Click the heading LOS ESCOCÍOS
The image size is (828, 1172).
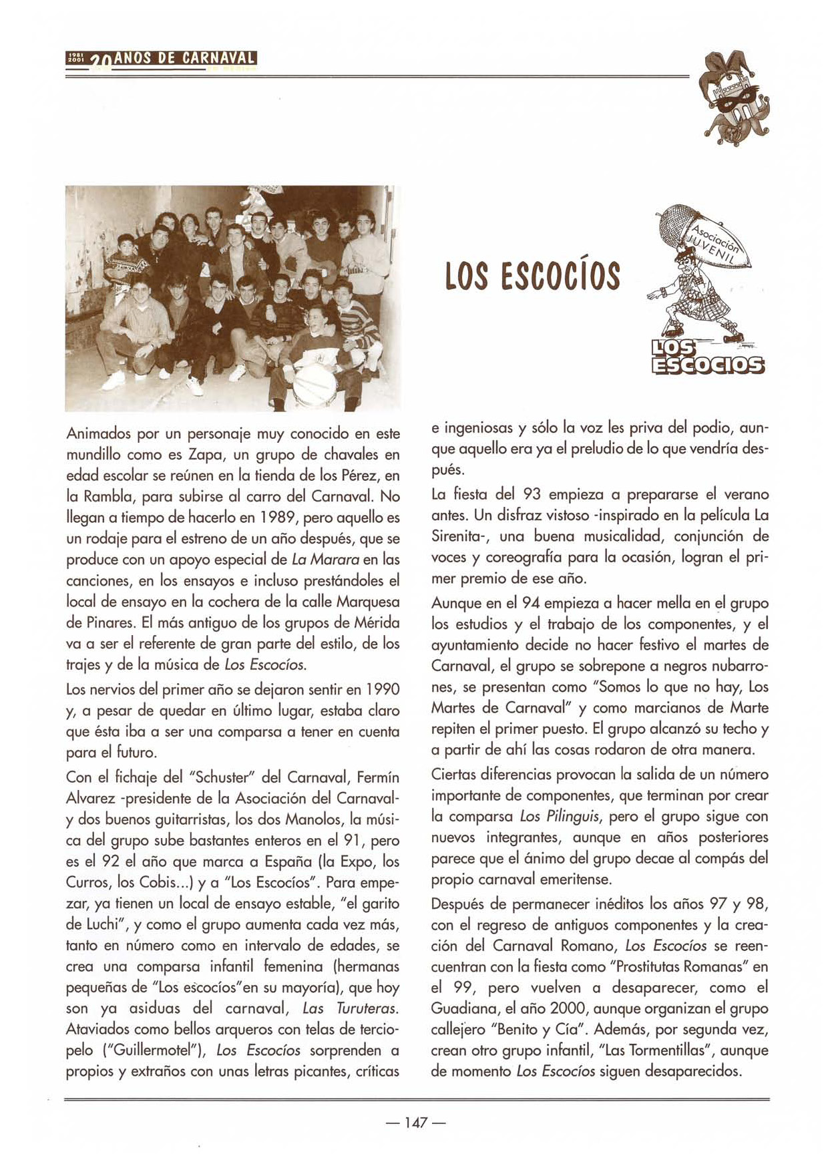pyautogui.click(x=533, y=276)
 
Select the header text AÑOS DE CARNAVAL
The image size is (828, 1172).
pyautogui.click(x=185, y=58)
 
